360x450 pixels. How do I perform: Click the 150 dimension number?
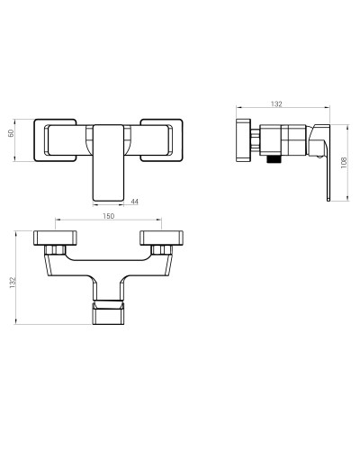108,216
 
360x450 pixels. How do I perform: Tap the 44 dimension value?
135,202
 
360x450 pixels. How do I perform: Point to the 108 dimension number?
344,162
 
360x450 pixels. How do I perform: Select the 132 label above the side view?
276,103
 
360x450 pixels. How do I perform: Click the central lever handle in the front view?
108,163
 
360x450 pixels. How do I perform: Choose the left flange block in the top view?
55,238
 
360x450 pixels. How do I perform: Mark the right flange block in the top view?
161,238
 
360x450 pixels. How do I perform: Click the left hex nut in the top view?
55,249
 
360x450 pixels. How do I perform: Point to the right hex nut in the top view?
161,249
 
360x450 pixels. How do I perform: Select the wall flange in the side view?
243,140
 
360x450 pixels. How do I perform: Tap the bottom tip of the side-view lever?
328,201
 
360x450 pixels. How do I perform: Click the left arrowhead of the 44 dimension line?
94,205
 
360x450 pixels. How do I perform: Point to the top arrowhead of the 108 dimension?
347,127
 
